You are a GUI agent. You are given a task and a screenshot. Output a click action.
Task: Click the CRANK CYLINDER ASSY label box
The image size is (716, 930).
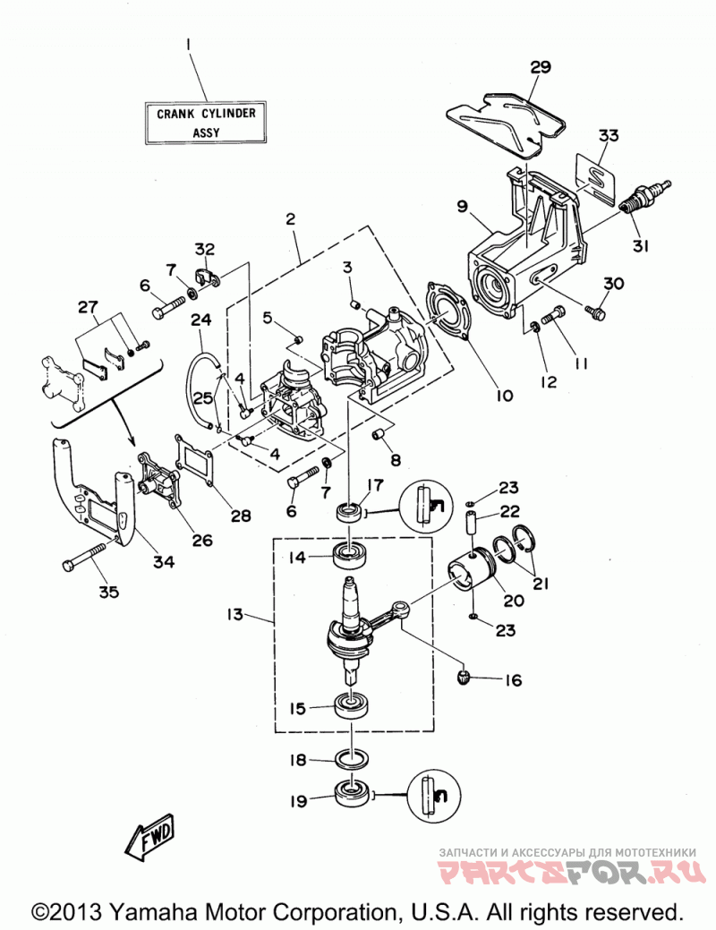[x=206, y=123]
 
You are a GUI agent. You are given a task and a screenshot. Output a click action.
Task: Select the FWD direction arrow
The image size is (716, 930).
[x=150, y=836]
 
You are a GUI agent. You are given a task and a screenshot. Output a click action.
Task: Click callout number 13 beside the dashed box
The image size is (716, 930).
[x=234, y=614]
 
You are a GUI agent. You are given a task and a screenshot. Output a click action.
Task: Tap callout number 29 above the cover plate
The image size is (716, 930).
[x=541, y=66]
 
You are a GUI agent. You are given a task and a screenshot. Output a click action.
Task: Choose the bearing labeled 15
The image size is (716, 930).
[x=351, y=705]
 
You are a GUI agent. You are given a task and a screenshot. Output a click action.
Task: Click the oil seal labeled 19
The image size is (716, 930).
[x=353, y=794]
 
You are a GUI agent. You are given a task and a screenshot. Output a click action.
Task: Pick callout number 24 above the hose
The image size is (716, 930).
[x=200, y=320]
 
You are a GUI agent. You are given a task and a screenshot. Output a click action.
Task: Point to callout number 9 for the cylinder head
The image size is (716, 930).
[x=462, y=206]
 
